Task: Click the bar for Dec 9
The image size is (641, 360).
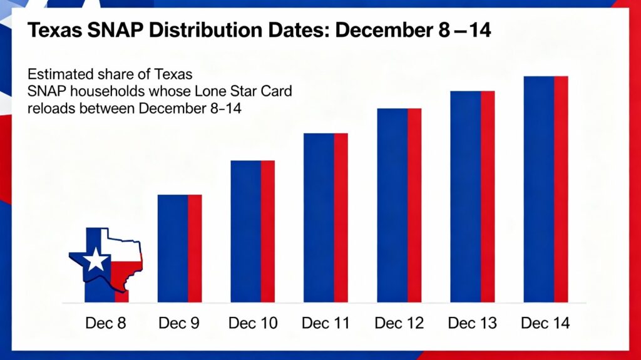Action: tap(179, 249)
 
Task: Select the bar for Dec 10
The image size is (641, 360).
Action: tap(252, 232)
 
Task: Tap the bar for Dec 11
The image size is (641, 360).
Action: tap(326, 218)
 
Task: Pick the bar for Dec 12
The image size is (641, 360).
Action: tap(399, 205)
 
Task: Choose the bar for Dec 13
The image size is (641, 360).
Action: tap(472, 197)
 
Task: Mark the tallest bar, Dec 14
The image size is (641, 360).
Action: tap(545, 189)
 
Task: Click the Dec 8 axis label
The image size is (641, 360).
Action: tap(105, 324)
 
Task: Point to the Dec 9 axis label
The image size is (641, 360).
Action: tap(179, 324)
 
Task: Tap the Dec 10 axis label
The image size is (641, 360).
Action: tap(252, 324)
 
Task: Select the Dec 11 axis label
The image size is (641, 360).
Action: tap(326, 324)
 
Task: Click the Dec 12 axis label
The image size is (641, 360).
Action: tap(399, 324)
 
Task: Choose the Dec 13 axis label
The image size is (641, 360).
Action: tap(472, 324)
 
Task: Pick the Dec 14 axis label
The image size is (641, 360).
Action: tap(545, 324)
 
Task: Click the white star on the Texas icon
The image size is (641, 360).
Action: tap(96, 259)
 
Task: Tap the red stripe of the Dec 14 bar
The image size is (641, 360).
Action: tap(560, 189)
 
